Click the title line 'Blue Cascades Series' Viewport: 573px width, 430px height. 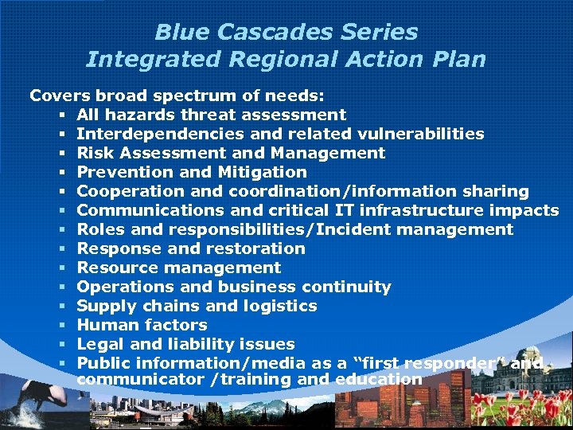pyautogui.click(x=286, y=32)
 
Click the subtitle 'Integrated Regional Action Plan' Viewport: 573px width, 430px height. pyautogui.click(x=286, y=60)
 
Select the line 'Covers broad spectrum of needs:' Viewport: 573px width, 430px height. pyautogui.click(x=177, y=96)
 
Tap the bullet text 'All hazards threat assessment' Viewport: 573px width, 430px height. pyautogui.click(x=211, y=115)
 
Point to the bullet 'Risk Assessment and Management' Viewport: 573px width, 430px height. pyautogui.click(x=231, y=153)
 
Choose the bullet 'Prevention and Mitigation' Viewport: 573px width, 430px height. pyautogui.click(x=191, y=172)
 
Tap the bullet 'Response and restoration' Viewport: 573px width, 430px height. pyautogui.click(x=191, y=248)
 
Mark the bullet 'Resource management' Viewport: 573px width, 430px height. pyautogui.click(x=178, y=268)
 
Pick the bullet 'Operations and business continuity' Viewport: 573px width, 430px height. pyautogui.click(x=233, y=287)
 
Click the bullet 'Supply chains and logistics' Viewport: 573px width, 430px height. pyautogui.click(x=197, y=306)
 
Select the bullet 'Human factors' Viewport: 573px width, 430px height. pyautogui.click(x=142, y=325)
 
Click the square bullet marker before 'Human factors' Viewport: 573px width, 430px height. pyautogui.click(x=61, y=326)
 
